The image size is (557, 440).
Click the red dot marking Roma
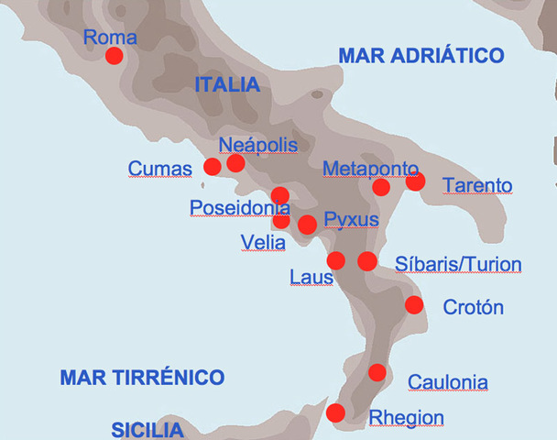click(115, 56)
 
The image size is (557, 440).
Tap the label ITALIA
click(227, 85)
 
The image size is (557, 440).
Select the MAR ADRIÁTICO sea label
click(421, 56)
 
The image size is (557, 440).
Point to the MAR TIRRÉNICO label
click(142, 377)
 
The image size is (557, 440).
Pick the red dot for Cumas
click(212, 166)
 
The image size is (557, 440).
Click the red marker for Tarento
click(416, 181)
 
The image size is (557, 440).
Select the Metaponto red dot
click(381, 187)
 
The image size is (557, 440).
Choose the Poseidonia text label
click(240, 208)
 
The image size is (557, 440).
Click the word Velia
click(263, 242)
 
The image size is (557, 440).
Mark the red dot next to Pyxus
click(307, 225)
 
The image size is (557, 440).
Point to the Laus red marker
click(336, 260)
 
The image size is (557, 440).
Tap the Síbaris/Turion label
click(458, 265)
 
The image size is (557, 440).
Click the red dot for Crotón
click(414, 305)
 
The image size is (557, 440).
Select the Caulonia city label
click(447, 382)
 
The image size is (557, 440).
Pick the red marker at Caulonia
click(377, 372)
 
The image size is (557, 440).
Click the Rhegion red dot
click(336, 412)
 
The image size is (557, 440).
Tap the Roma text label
click(109, 38)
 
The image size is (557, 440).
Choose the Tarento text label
click(477, 186)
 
